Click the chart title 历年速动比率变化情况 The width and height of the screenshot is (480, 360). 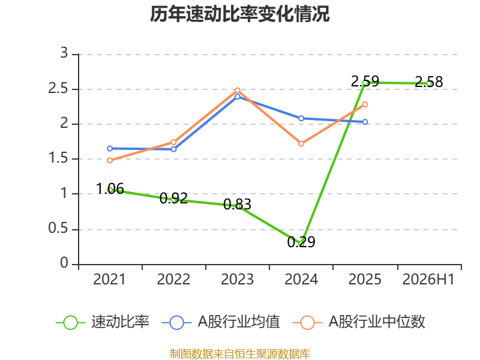pyautogui.click(x=239, y=14)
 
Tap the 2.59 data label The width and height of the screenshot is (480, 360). pyautogui.click(x=365, y=82)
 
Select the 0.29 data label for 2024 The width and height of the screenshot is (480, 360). pyautogui.click(x=301, y=242)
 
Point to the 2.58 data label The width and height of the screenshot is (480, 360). pyautogui.click(x=428, y=82)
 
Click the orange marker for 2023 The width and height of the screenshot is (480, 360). pyautogui.click(x=237, y=91)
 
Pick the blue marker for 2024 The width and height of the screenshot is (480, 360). pyautogui.click(x=301, y=118)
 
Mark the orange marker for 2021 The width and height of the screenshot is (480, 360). pyautogui.click(x=110, y=160)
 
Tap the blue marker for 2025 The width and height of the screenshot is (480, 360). pyautogui.click(x=365, y=122)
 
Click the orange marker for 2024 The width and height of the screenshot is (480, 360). pyautogui.click(x=301, y=143)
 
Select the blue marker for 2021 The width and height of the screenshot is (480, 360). pyautogui.click(x=110, y=148)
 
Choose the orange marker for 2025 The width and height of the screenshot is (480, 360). pyautogui.click(x=365, y=104)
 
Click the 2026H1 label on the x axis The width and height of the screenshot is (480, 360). pyautogui.click(x=428, y=280)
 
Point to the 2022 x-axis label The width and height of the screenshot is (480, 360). pyautogui.click(x=173, y=280)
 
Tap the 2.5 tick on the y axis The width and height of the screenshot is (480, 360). pyautogui.click(x=58, y=89)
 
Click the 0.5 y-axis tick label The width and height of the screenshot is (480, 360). pyautogui.click(x=58, y=229)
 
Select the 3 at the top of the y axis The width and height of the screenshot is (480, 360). pyautogui.click(x=64, y=53)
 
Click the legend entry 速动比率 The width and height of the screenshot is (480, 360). pyautogui.click(x=103, y=322)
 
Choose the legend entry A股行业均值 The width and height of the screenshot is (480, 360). pyautogui.click(x=221, y=322)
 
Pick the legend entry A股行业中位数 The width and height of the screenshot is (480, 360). pyautogui.click(x=359, y=322)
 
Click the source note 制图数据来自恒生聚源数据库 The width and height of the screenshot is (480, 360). pyautogui.click(x=240, y=354)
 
